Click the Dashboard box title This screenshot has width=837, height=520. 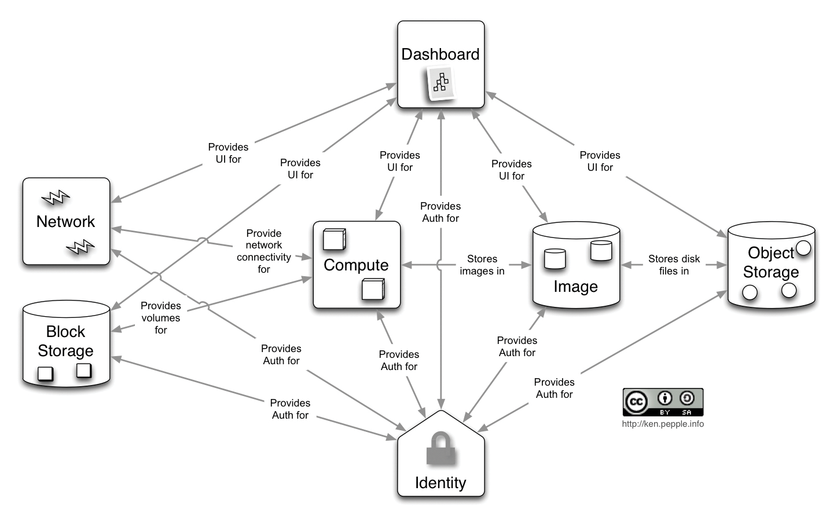click(x=440, y=54)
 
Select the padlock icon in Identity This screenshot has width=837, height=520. click(x=440, y=449)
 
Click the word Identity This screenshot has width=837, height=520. click(x=440, y=483)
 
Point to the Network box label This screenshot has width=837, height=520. click(x=65, y=221)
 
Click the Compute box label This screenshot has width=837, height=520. click(x=356, y=265)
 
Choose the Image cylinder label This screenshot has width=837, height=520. click(x=575, y=287)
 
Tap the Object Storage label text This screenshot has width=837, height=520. click(x=770, y=262)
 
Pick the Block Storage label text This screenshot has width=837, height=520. click(x=65, y=341)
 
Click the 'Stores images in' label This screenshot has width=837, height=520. click(x=482, y=265)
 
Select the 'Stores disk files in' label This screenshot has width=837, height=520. click(x=674, y=265)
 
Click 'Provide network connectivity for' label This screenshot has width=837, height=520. click(x=264, y=251)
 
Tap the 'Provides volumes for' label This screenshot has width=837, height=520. click(x=161, y=318)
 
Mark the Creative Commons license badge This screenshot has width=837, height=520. click(x=663, y=402)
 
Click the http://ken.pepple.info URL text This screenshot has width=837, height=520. click(x=663, y=424)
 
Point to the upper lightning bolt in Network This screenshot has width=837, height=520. click(x=56, y=199)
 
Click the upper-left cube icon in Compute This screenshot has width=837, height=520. click(x=334, y=240)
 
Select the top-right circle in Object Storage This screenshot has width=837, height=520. click(x=803, y=248)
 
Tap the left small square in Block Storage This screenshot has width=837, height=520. click(x=45, y=374)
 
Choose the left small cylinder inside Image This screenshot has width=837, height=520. click(x=555, y=259)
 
